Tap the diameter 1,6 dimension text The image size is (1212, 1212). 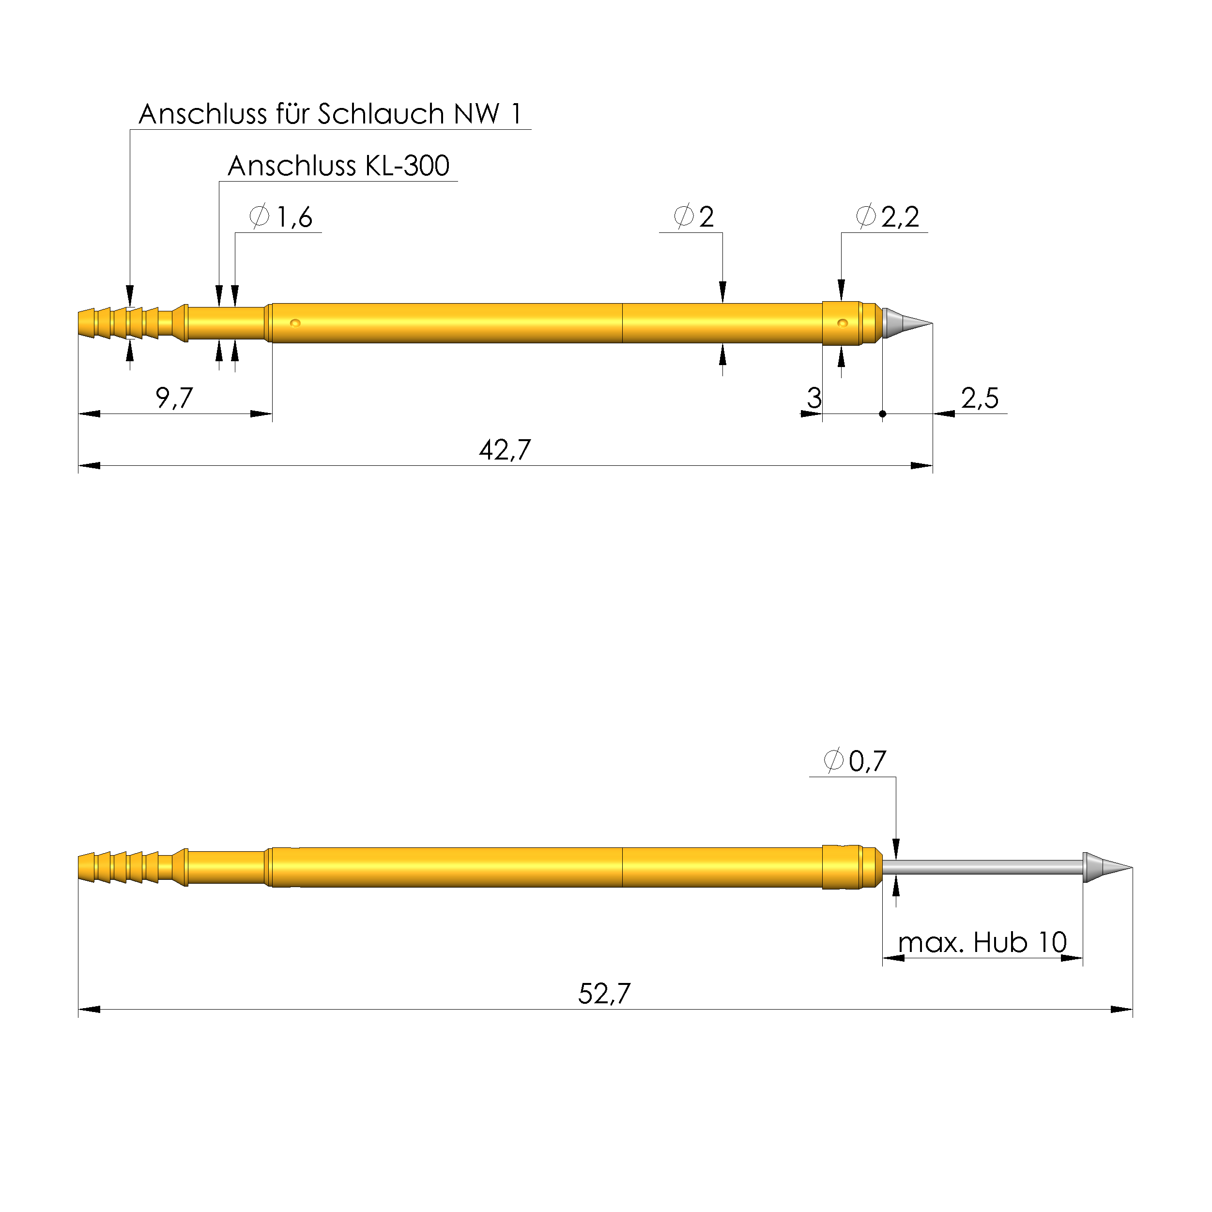(x=280, y=217)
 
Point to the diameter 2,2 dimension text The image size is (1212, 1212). (x=888, y=217)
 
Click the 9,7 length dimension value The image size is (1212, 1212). (x=174, y=398)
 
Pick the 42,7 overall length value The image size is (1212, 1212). (x=505, y=450)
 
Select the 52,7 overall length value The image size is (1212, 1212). (x=604, y=994)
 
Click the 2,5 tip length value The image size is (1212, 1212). (x=980, y=398)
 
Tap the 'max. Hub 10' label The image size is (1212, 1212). (x=982, y=942)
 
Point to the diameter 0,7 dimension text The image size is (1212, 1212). (x=855, y=761)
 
